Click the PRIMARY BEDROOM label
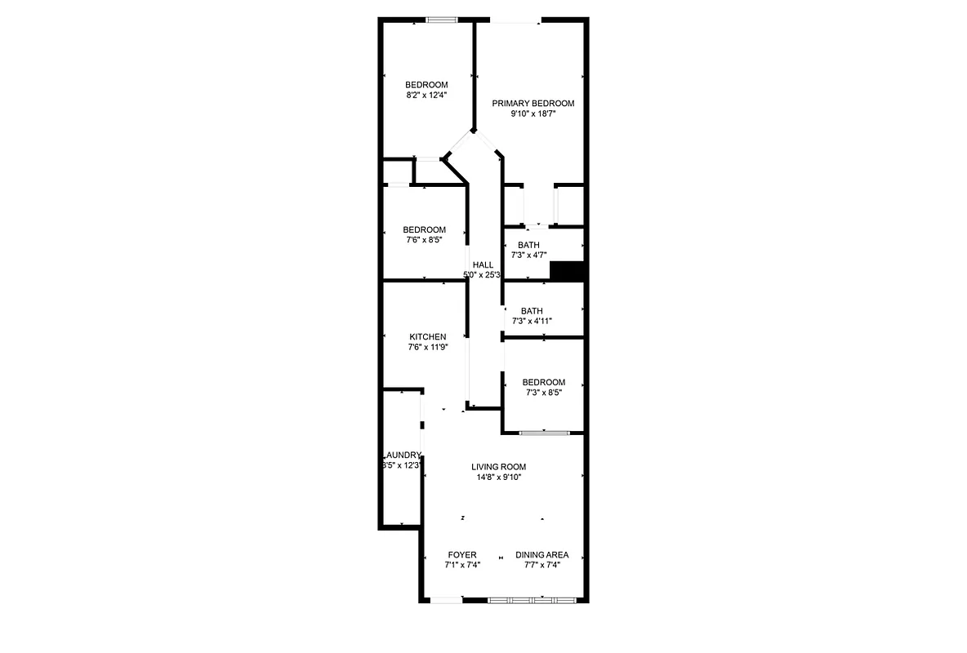[x=533, y=104]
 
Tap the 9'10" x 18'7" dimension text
[x=533, y=114]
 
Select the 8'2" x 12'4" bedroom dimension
[x=426, y=96]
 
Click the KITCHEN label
[x=427, y=336]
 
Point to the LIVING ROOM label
[x=498, y=467]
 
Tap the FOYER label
[x=462, y=555]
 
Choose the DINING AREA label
[x=541, y=555]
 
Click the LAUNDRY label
[x=402, y=455]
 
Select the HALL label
[x=483, y=264]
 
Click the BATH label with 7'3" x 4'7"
[x=528, y=245]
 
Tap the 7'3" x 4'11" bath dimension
[x=532, y=321]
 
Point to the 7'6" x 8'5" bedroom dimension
[x=424, y=240]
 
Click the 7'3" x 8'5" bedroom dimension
[x=543, y=393]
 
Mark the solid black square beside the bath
[x=568, y=271]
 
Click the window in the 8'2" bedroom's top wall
[x=440, y=20]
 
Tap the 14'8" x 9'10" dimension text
[x=498, y=478]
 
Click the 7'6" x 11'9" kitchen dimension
[x=427, y=347]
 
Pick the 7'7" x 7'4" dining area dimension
[x=541, y=565]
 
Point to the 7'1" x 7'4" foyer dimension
[x=462, y=565]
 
